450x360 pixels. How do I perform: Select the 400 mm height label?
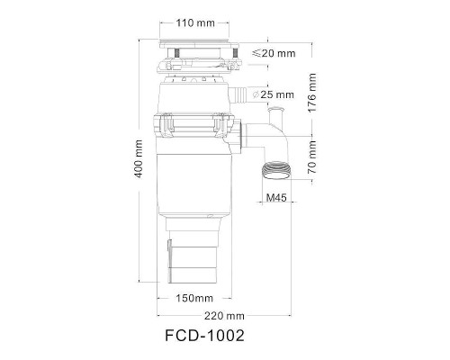[139, 160]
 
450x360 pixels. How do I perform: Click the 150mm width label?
[194, 297]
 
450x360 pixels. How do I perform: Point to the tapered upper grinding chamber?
[195, 95]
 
